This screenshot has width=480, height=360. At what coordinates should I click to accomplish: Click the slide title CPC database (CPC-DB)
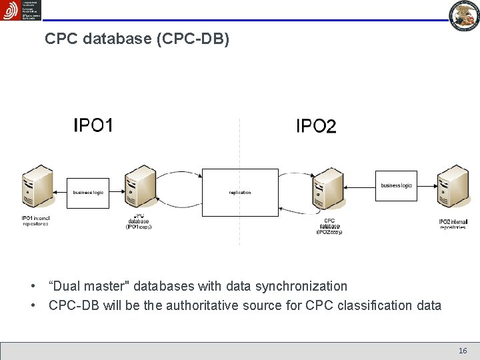coord(137,39)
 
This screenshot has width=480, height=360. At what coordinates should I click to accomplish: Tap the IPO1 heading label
coord(93,125)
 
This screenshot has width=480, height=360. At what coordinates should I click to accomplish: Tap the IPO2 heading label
coord(316,126)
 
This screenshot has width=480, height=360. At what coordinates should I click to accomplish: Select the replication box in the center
coord(240,192)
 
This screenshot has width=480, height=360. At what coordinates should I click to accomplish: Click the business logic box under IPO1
coord(88,192)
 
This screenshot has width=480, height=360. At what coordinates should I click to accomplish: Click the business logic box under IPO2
coord(396,185)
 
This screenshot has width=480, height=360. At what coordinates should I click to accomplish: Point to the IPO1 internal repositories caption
coord(35,221)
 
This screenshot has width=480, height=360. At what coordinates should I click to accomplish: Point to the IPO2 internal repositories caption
coord(453,224)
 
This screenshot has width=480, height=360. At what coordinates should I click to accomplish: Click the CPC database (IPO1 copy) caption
coord(139,222)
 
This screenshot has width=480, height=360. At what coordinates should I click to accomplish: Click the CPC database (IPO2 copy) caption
coord(329,226)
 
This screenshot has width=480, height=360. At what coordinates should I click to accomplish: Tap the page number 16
coord(463,351)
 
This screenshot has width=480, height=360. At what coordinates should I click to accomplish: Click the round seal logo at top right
coord(464,15)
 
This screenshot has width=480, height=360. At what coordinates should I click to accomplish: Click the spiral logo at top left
coord(10,10)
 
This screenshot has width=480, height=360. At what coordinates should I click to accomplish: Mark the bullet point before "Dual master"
coord(33,287)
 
